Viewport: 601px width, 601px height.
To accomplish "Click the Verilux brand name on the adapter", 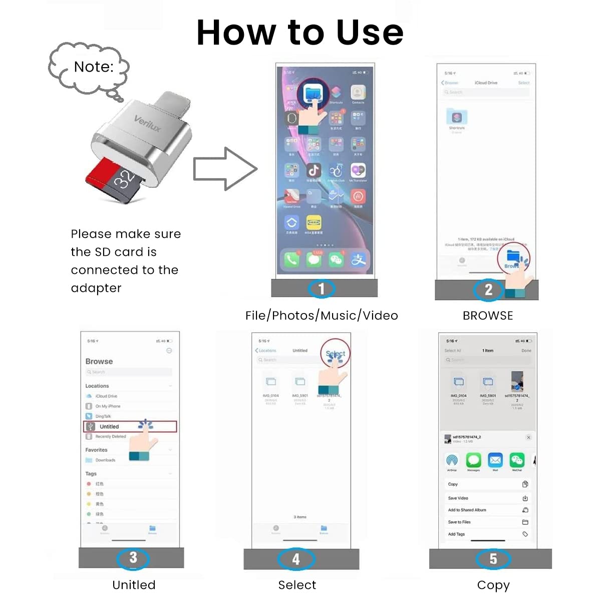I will pos(147,123).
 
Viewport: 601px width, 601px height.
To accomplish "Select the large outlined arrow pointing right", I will pos(225,169).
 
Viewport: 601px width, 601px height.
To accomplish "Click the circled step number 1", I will pos(322,288).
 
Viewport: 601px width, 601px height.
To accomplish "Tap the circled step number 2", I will pos(488,289).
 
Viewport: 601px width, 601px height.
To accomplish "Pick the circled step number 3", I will pos(133,557).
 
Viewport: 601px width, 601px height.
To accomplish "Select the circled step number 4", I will pos(296,559).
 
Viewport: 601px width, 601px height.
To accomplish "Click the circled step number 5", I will pos(493,558).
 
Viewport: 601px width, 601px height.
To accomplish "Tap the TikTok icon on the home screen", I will pos(314,170).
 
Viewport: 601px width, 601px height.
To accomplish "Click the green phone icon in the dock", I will pos(291,259).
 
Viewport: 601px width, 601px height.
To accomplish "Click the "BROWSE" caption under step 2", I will pos(488,316).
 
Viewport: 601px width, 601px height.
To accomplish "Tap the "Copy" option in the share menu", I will pos(453,484).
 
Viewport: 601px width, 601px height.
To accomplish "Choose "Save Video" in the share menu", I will pos(458,498).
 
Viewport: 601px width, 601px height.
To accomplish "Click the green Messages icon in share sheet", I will pos(473,460).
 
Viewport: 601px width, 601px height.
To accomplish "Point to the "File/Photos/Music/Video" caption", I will pos(322,316).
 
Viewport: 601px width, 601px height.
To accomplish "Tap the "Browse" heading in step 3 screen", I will pos(99,361).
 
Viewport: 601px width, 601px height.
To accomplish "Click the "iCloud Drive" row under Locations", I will pos(106,396).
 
